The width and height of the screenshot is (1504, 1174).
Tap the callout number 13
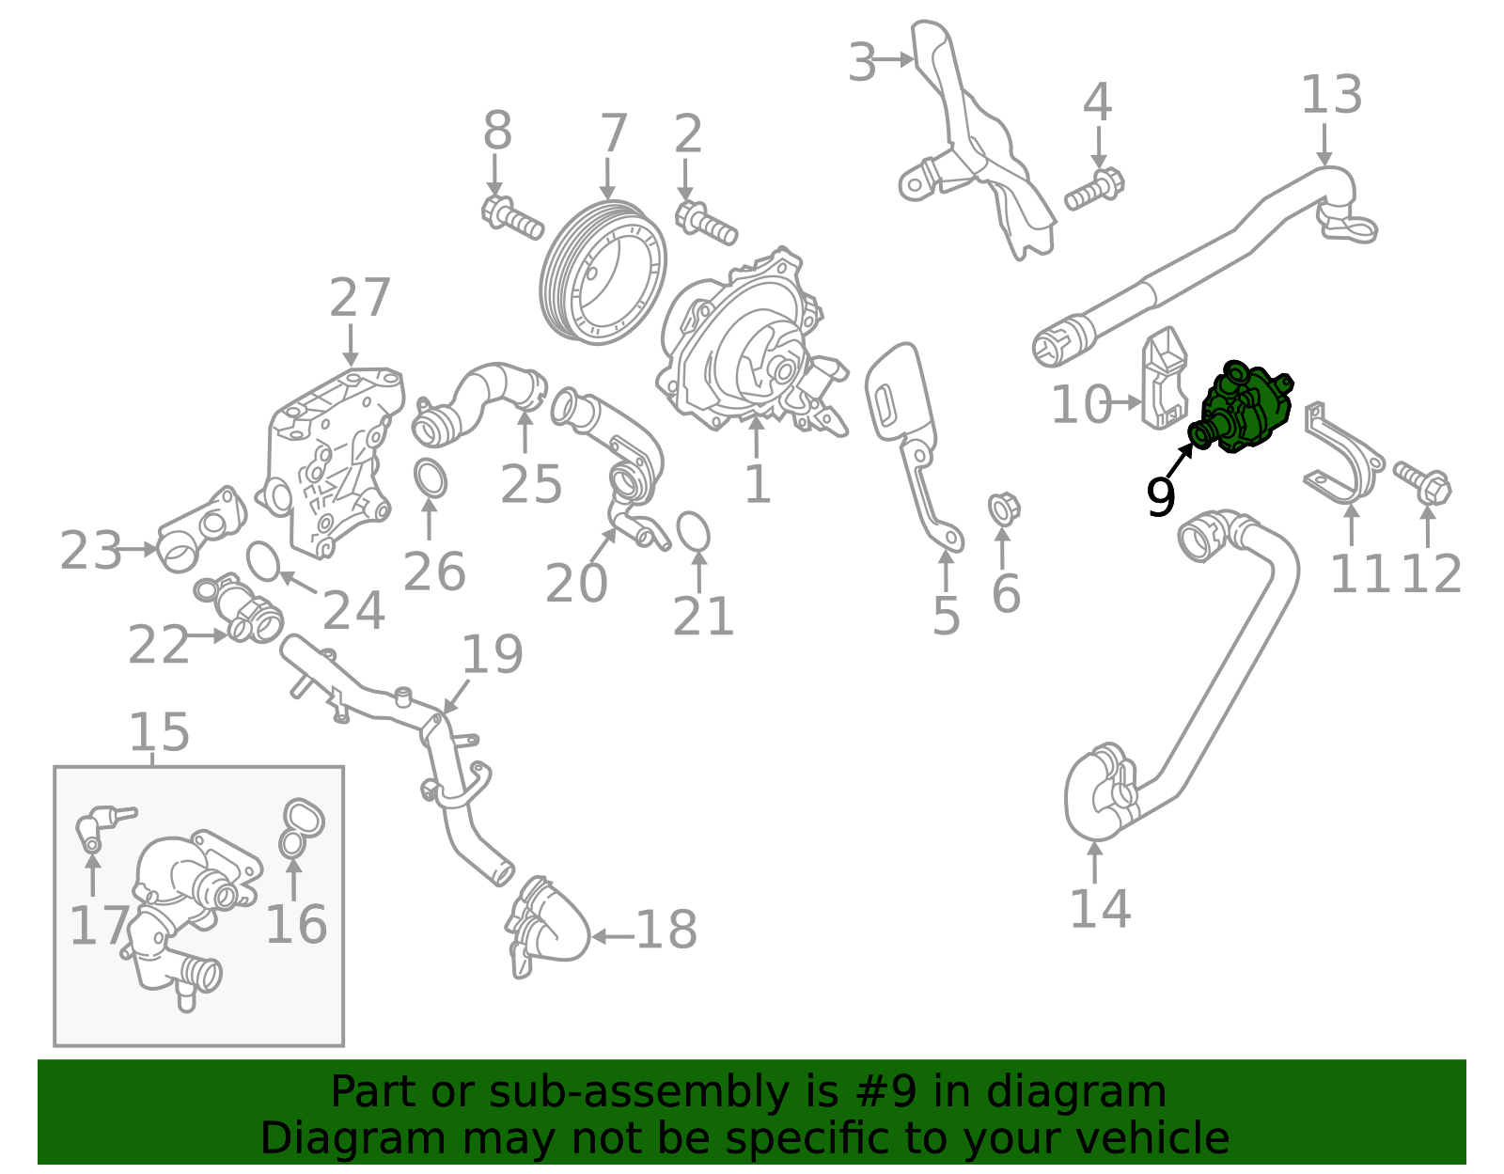pos(1331,97)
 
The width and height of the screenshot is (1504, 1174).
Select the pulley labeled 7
pos(603,273)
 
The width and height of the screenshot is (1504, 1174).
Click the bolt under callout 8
pos(511,217)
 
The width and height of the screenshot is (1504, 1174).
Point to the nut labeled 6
pos(1004,509)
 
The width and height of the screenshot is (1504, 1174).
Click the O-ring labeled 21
pos(693,531)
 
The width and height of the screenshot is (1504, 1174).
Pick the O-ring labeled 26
pos(430,478)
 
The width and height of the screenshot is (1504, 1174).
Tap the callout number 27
pos(360,299)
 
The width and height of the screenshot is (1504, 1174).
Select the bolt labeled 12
pos(1423,480)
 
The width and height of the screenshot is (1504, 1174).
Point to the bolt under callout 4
pos(1094,190)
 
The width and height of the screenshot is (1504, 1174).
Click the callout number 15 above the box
pos(159,732)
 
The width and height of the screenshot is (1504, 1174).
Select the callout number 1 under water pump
pos(757,485)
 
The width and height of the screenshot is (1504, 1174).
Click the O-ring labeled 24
pos(263,562)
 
